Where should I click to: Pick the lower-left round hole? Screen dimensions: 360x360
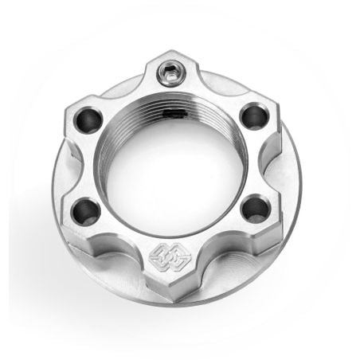tap(86, 212)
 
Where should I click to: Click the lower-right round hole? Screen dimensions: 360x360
tap(256, 209)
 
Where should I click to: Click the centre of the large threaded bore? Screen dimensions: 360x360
tap(170, 163)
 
